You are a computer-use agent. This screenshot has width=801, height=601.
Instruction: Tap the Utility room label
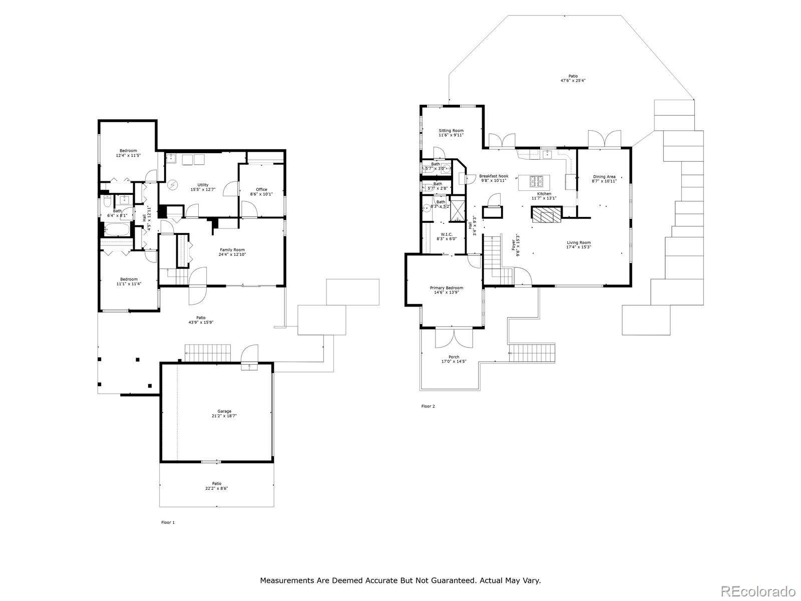tap(202, 185)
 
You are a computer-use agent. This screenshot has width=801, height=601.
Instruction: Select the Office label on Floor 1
tap(261, 189)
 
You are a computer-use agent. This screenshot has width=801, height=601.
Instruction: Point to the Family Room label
tap(232, 249)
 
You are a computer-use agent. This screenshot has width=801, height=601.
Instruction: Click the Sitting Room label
tap(451, 131)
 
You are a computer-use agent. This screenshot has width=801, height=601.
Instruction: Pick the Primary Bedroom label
tap(447, 288)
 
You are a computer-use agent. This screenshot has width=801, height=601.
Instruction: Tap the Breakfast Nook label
tap(494, 176)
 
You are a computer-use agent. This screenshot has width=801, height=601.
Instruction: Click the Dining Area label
tap(604, 177)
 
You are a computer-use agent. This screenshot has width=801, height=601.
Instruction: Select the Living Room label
tap(579, 242)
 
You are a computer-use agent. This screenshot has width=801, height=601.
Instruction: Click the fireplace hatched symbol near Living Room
tap(547, 215)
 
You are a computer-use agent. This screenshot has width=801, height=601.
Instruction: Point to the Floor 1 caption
tap(168, 522)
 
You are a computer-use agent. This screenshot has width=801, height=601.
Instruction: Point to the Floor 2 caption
tap(428, 406)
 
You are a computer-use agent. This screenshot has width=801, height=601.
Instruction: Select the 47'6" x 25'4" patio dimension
tap(573, 81)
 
